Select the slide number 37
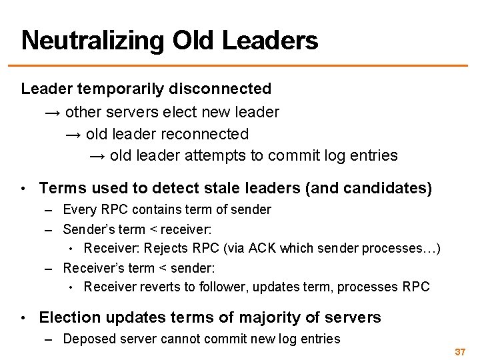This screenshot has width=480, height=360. point(459,351)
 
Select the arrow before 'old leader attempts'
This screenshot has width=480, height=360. point(98,156)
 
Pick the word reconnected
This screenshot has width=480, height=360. point(209,134)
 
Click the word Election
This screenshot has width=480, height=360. point(71,317)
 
